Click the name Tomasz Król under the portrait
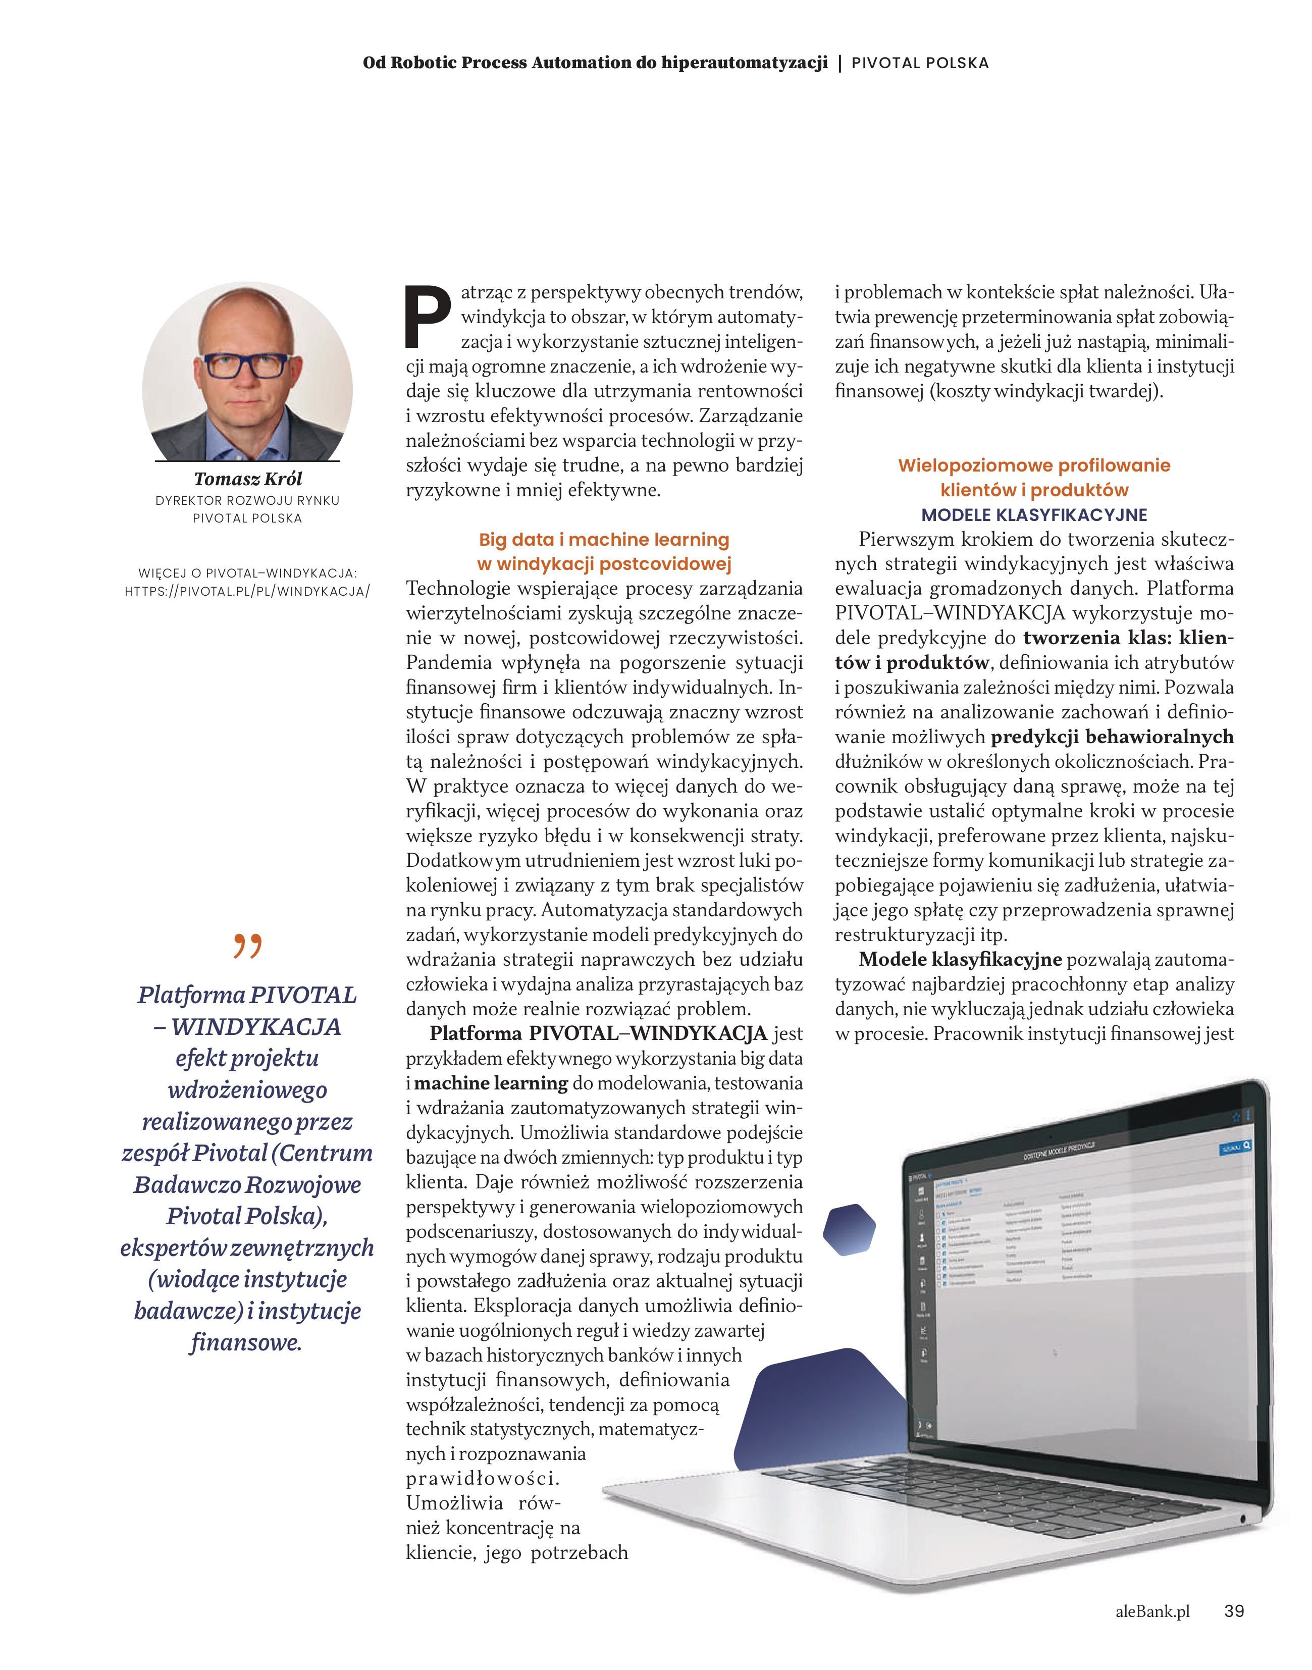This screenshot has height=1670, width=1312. point(247,479)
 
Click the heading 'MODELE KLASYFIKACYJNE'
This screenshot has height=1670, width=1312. point(1034,514)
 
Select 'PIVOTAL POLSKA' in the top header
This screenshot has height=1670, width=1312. point(920,63)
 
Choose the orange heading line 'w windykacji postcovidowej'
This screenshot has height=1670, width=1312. point(604,564)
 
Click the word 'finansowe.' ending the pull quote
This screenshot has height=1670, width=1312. point(246,1343)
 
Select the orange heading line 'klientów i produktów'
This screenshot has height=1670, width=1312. point(1034,490)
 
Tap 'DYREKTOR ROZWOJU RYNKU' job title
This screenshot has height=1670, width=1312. point(247,500)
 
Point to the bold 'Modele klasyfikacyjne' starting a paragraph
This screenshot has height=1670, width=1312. point(960,960)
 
